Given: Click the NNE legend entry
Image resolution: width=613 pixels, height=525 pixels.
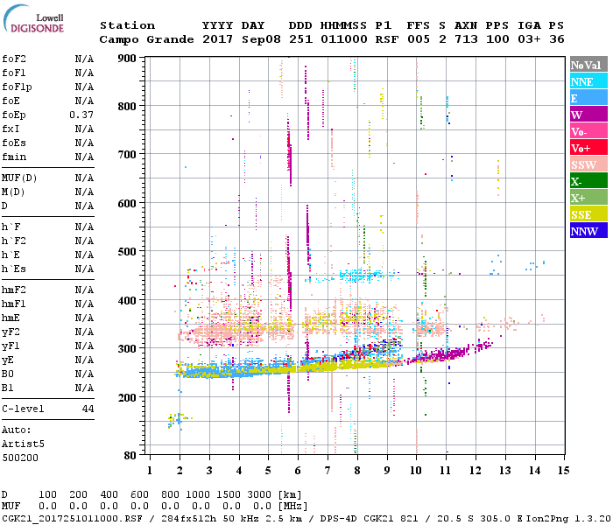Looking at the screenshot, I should pyautogui.click(x=582, y=81).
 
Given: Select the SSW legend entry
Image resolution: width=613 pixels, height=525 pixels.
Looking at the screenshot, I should pyautogui.click(x=583, y=164).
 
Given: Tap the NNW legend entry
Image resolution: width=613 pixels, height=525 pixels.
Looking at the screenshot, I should pyautogui.click(x=583, y=231).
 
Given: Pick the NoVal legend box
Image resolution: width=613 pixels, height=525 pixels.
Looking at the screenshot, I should pyautogui.click(x=588, y=65).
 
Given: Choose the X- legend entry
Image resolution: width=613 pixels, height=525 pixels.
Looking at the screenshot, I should pyautogui.click(x=577, y=181).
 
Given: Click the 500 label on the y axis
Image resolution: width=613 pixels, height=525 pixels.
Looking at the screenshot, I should pyautogui.click(x=127, y=252).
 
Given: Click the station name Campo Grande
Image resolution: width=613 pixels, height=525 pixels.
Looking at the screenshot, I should pyautogui.click(x=139, y=39).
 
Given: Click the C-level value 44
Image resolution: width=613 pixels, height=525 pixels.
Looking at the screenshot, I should pyautogui.click(x=88, y=409).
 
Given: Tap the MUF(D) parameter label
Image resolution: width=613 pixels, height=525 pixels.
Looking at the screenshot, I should pyautogui.click(x=17, y=178).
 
